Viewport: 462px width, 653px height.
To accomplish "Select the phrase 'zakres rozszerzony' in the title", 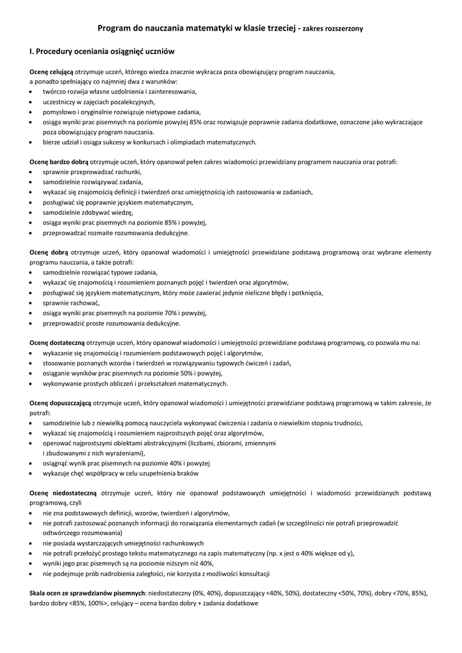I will pos(332,29).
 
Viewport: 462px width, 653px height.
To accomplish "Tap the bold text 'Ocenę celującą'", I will pos(52,71).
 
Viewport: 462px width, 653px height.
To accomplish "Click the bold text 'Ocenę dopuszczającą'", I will pos(61,403).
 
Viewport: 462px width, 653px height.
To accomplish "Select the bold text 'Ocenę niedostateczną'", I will pos(63,493).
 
